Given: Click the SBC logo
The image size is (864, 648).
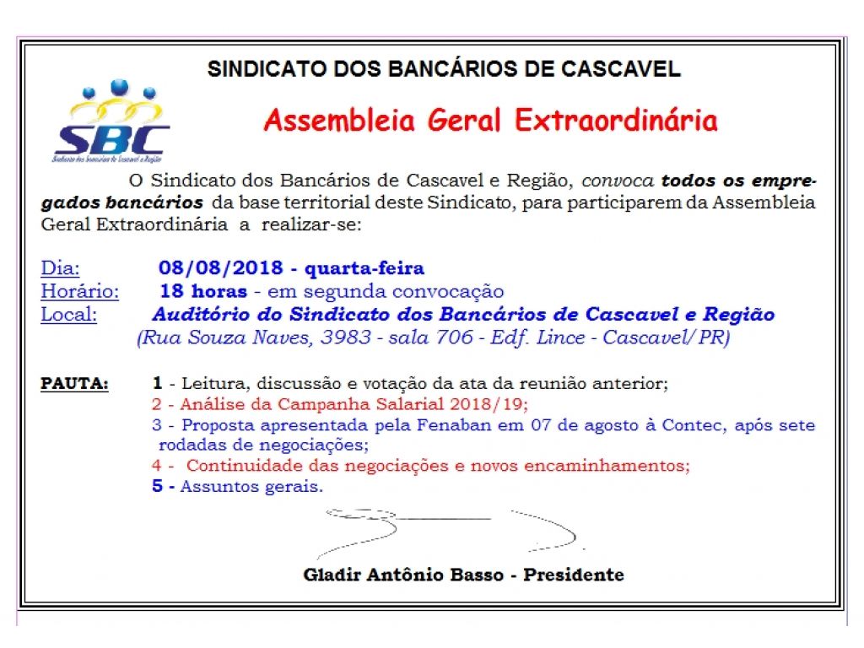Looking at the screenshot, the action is tap(111, 121).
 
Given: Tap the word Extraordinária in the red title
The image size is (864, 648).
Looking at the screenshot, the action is tap(616, 120).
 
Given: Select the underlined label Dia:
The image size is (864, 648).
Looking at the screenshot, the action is tap(60, 268).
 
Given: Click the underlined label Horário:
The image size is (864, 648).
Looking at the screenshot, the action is tap(80, 291).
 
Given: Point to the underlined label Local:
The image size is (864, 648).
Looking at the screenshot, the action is tap(69, 315).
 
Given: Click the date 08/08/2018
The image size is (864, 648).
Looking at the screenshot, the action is tap(220, 268).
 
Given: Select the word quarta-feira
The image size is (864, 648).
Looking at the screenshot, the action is tap(364, 268).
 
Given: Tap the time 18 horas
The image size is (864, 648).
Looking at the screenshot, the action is tap(203, 291).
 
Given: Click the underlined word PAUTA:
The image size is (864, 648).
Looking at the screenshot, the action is tap(74, 384).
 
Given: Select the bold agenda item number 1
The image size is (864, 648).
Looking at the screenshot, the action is tap(158, 382).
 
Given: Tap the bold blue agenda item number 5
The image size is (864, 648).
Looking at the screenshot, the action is tap(158, 486).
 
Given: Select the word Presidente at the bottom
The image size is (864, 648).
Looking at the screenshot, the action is tap(574, 575).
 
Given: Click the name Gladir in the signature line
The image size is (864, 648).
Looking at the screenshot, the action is tap(332, 575).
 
